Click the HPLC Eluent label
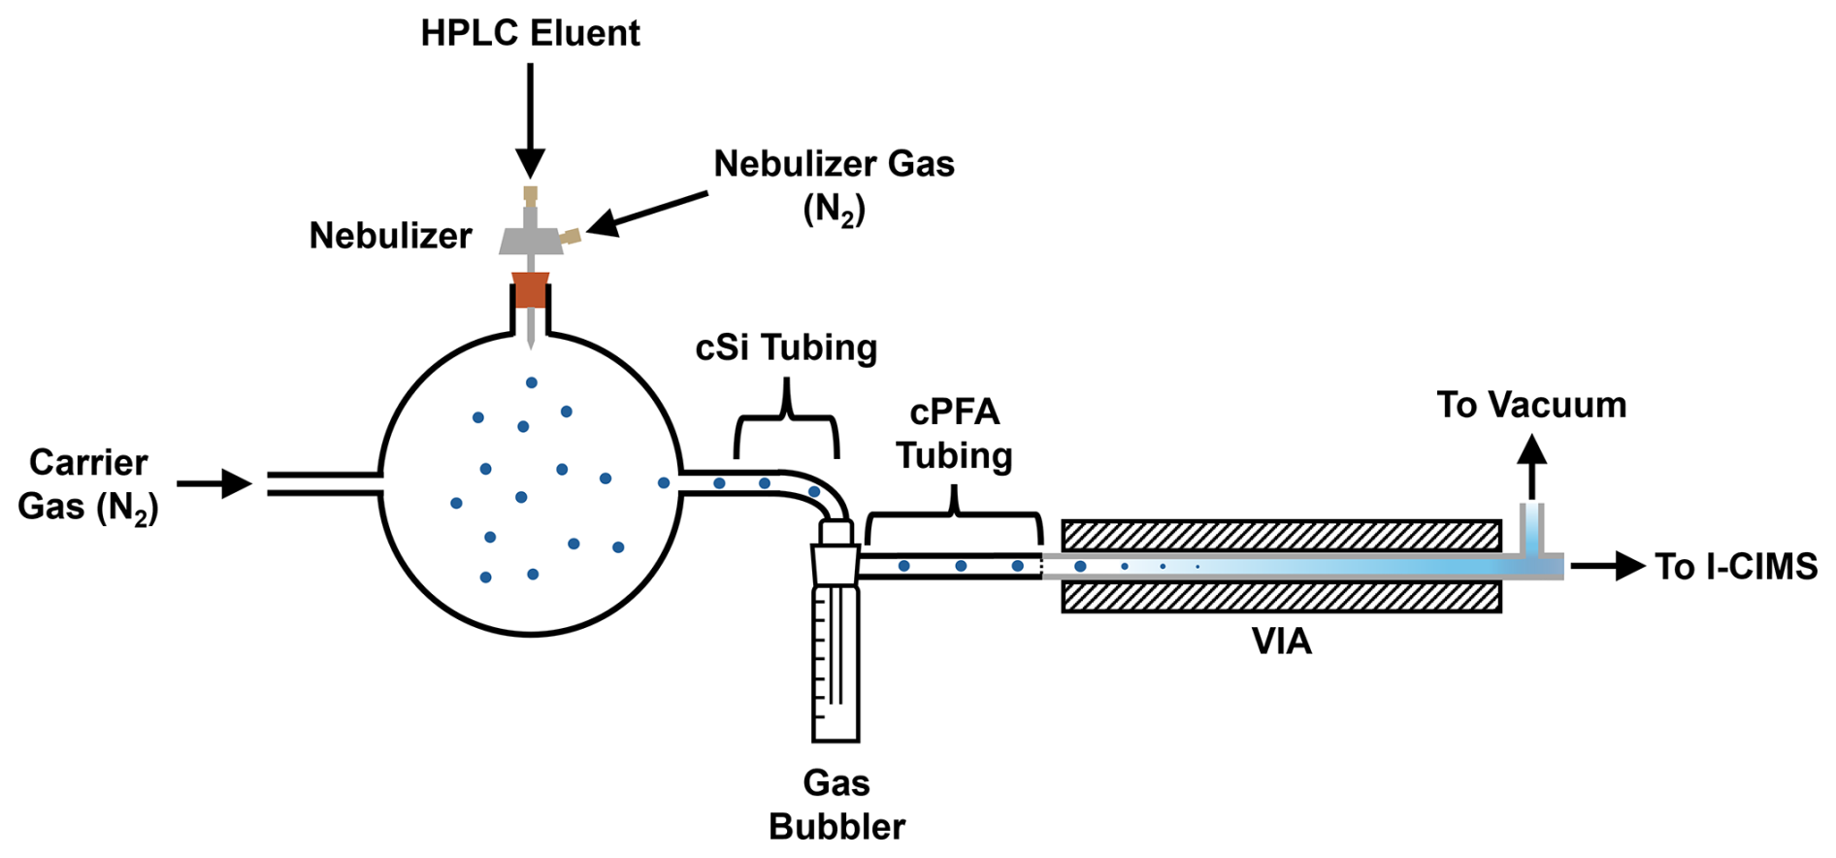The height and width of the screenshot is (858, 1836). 530,33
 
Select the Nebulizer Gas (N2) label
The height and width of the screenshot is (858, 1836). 834,184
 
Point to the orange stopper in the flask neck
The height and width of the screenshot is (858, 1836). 530,290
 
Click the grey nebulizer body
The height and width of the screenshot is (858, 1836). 531,238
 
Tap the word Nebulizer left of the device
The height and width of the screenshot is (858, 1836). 390,236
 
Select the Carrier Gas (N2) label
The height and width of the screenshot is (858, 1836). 87,484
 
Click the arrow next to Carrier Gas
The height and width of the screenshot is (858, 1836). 214,482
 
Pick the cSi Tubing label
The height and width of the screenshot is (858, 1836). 786,347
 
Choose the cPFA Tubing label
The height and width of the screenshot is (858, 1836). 954,434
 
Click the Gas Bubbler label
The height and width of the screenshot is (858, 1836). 836,805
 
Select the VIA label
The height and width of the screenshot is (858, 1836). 1281,642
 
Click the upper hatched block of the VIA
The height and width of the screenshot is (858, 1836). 1281,535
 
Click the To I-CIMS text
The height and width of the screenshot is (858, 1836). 1735,566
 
